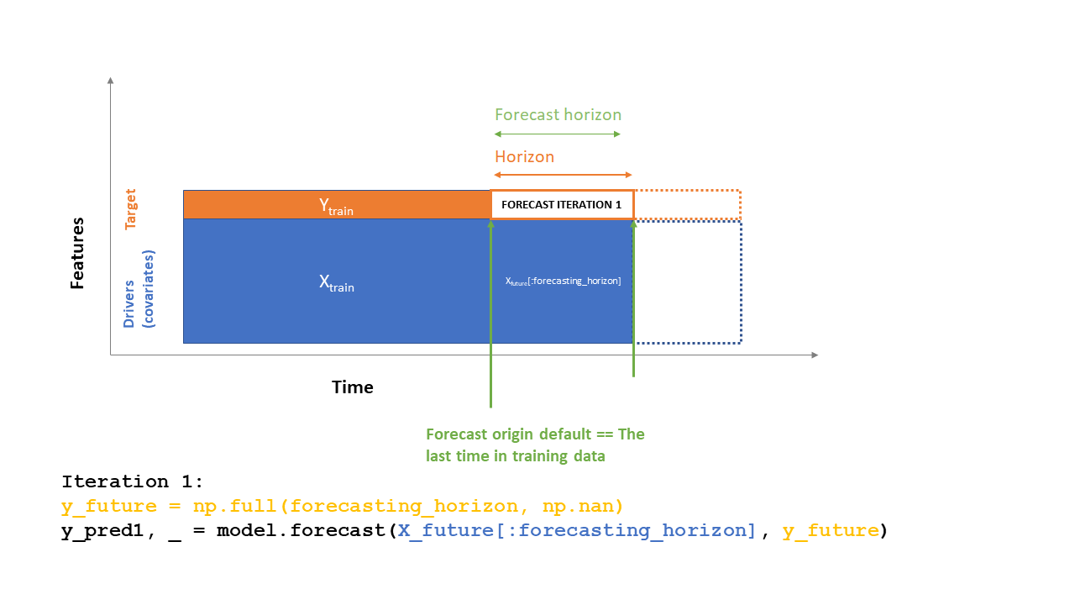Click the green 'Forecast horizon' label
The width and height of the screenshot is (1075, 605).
click(x=558, y=115)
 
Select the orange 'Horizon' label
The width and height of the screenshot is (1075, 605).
click(x=524, y=157)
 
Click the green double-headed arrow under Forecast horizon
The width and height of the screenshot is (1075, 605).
click(x=558, y=134)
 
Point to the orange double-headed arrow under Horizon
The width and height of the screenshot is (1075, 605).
click(x=563, y=175)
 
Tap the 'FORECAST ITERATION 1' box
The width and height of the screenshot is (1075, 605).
click(x=561, y=205)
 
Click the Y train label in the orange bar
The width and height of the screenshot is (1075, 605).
click(x=336, y=206)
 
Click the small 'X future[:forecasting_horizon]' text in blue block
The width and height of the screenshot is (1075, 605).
click(x=563, y=281)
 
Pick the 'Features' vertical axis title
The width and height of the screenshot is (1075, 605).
click(x=77, y=253)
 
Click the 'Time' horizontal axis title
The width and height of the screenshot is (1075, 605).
click(x=352, y=387)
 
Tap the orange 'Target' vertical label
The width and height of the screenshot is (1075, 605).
click(x=130, y=209)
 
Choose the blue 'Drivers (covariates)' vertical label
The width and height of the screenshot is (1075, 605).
click(x=139, y=288)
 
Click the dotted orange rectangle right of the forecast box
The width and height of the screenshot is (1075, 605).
click(x=687, y=204)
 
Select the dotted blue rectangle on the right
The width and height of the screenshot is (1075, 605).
click(x=687, y=281)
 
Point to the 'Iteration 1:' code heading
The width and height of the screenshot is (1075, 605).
click(x=133, y=481)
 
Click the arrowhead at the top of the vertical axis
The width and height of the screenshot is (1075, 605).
click(x=110, y=80)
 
